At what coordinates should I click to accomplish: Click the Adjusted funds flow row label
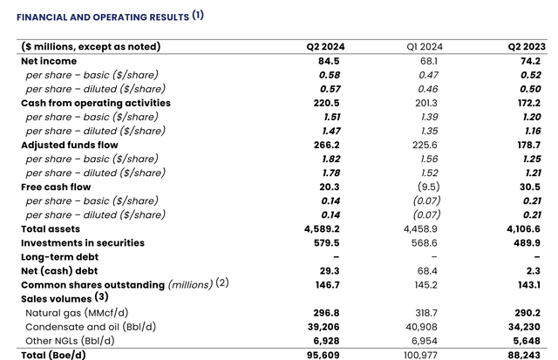(69, 145)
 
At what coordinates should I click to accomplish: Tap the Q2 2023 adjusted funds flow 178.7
(526, 145)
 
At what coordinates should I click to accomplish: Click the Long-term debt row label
(59, 256)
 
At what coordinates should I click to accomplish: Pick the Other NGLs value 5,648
(525, 341)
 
